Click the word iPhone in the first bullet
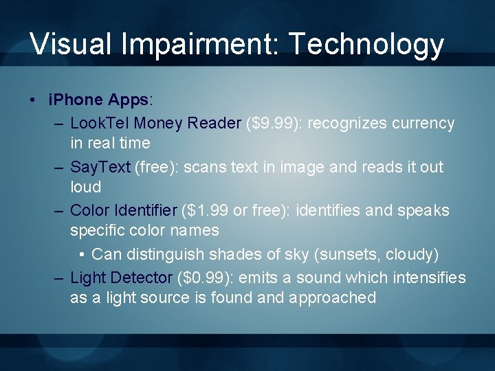coord(76,100)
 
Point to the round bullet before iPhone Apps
coord(34,100)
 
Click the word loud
coord(85,187)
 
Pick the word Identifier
coord(144,210)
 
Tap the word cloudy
coord(410,254)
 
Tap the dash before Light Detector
coord(59,278)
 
